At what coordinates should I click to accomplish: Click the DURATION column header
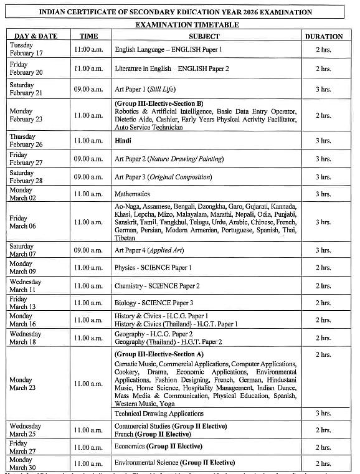[x=323, y=36]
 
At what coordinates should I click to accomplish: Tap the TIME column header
[x=88, y=36]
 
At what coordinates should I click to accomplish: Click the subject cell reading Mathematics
[x=132, y=194]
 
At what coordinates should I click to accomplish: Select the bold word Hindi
[x=123, y=141]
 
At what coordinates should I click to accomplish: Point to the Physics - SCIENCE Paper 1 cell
[x=153, y=268]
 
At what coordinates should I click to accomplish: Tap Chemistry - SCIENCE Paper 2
[x=157, y=286]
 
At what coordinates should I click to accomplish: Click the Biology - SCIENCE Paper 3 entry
[x=154, y=303]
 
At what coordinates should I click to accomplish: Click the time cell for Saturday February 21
[x=88, y=90]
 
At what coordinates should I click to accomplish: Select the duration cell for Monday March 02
[x=323, y=194]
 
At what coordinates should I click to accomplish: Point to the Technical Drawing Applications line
[x=159, y=413]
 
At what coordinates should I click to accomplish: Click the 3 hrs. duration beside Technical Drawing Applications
[x=323, y=413]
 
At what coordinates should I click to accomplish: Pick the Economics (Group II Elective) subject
[x=158, y=447]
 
